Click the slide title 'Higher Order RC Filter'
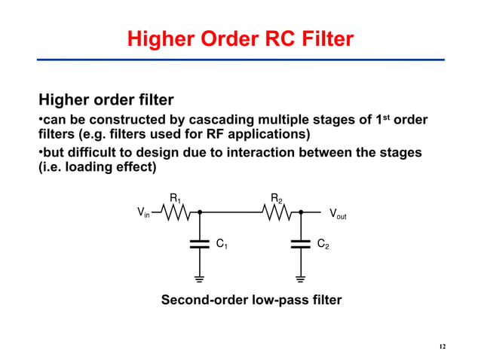point(240,38)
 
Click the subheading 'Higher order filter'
point(106,99)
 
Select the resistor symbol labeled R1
point(178,213)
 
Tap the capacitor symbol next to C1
point(200,244)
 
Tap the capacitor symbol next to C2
point(300,244)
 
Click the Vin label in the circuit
point(142,214)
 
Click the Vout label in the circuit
point(342,214)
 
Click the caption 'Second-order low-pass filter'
point(251,301)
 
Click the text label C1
point(222,245)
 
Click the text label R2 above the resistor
point(277,199)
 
